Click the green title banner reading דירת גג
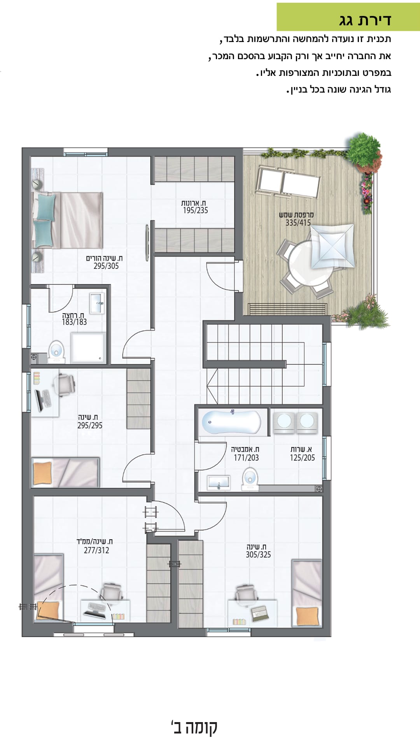pyautogui.click(x=348, y=17)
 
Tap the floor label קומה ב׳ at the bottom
pyautogui.click(x=194, y=727)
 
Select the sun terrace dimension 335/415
pyautogui.click(x=298, y=223)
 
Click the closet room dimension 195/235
pyautogui.click(x=196, y=210)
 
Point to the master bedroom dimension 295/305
pyautogui.click(x=106, y=266)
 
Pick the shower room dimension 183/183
pyautogui.click(x=74, y=322)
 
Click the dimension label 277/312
pyautogui.click(x=96, y=551)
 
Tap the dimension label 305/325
pyautogui.click(x=258, y=555)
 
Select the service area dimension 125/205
pyautogui.click(x=302, y=458)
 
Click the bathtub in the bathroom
pyautogui.click(x=232, y=422)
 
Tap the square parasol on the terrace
pyautogui.click(x=332, y=246)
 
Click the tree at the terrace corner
pyautogui.click(x=363, y=150)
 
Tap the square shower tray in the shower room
pyautogui.click(x=88, y=347)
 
